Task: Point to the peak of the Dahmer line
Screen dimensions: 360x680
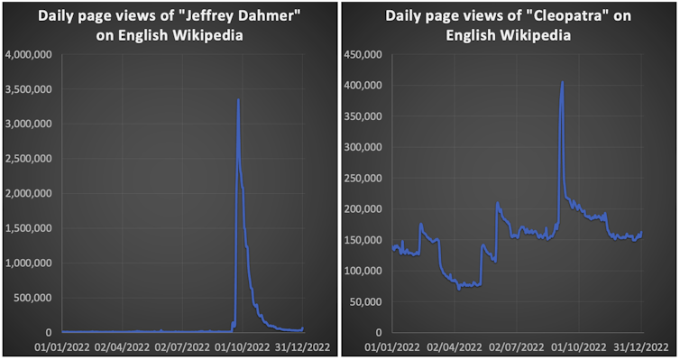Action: pos(238,100)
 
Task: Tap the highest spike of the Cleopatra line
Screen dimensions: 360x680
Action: pos(562,82)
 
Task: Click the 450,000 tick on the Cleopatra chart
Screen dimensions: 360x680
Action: pos(361,54)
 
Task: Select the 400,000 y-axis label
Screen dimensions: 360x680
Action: pos(361,85)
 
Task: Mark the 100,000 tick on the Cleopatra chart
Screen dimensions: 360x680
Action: pos(361,271)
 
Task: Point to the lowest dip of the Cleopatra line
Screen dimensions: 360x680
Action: pos(459,289)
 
